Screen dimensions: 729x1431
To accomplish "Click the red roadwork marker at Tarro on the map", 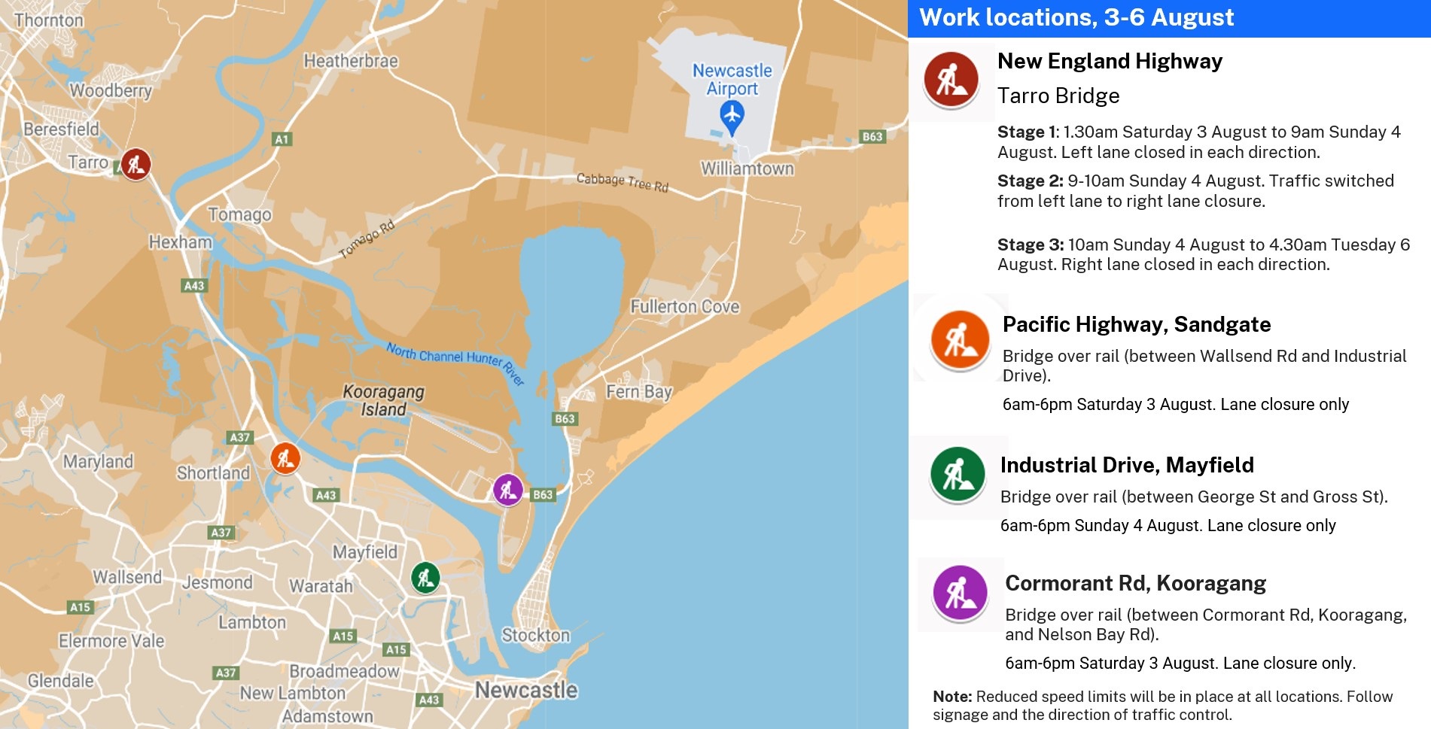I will pos(135,164).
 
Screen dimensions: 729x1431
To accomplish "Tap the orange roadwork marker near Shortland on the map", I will pos(285,457).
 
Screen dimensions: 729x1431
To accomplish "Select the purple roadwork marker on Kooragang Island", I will pos(508,490).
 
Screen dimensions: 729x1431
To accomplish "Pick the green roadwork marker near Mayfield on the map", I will pos(425,578).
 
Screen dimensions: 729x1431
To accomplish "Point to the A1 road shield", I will pos(282,139).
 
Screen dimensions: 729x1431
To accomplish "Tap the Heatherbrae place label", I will pos(351,61).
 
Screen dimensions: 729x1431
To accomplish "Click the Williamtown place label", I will pos(747,169).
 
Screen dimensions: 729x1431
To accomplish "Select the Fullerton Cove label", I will pos(684,307).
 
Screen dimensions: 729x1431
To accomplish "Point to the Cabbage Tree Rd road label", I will pos(622,182).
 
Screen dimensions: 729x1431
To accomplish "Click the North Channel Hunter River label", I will pos(455,361).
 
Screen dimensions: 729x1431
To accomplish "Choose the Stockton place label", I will pos(535,636).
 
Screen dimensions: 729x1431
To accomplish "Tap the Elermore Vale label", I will pos(111,641).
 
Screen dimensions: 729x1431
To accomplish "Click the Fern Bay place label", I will pos(638,392).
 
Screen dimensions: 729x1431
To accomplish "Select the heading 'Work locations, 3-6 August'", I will pos(1076,17).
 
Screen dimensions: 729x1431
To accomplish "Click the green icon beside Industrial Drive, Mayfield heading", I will pos(958,475).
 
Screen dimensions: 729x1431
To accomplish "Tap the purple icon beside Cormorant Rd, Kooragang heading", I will pos(960,593).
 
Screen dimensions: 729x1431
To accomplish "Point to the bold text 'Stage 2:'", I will pos(1030,181).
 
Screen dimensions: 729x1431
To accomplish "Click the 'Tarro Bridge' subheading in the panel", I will pos(1058,96).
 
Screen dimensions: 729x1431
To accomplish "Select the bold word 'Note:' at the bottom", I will pos(951,697).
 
